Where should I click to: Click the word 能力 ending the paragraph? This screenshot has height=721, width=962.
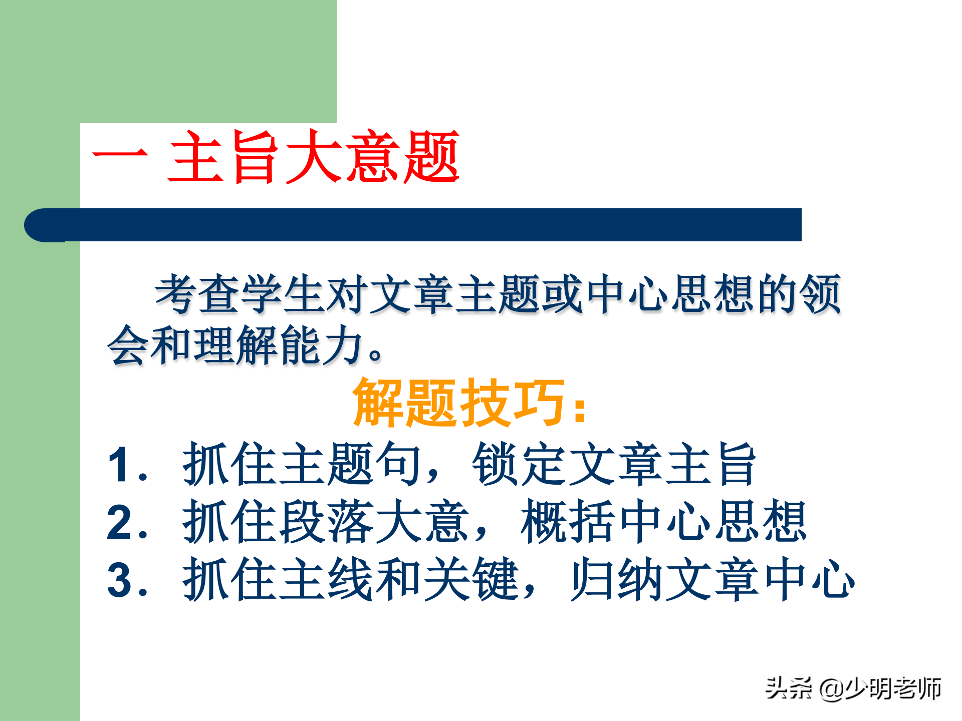[321, 345]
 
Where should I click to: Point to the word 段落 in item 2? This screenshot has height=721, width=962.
[326, 522]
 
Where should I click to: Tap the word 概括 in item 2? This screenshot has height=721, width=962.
[567, 522]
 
